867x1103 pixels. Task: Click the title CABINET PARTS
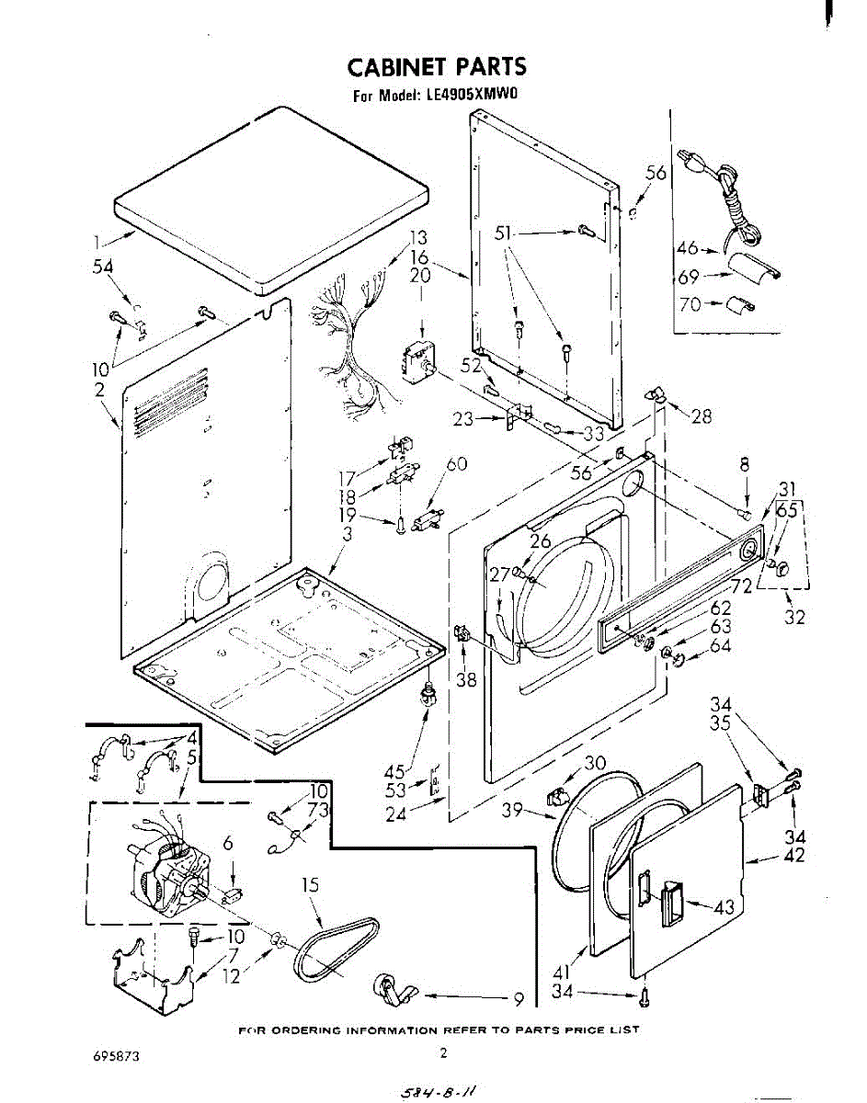tap(437, 66)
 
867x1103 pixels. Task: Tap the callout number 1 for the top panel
tap(96, 244)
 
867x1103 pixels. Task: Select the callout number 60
tap(457, 464)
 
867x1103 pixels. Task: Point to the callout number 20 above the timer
tap(420, 276)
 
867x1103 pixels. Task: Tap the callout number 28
tap(702, 416)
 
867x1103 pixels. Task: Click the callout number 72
tap(742, 586)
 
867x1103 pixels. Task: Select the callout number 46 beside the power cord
tap(688, 247)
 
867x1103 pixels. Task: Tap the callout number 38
tap(466, 680)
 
